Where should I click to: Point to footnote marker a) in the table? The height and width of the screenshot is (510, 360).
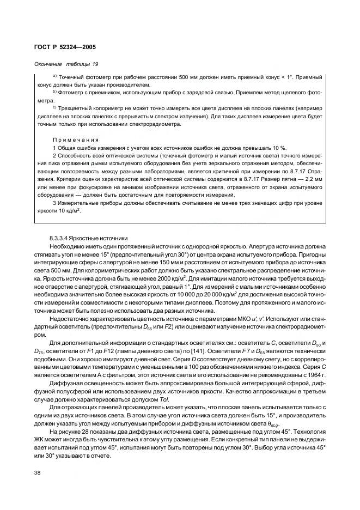click(x=54, y=76)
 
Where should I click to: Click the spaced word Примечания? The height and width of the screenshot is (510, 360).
click(x=75, y=139)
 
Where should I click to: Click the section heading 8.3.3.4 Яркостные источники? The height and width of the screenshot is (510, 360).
click(x=88, y=238)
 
